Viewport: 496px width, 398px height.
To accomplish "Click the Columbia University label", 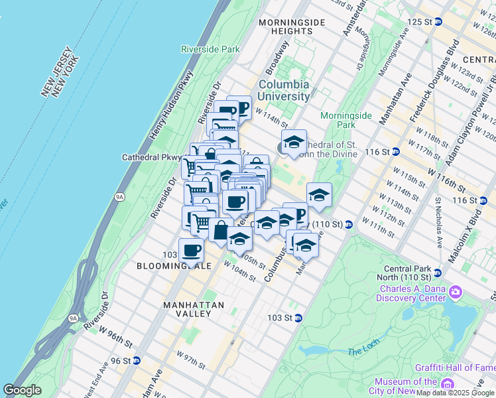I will [x=283, y=90].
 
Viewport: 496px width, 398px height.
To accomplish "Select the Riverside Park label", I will [x=210, y=49].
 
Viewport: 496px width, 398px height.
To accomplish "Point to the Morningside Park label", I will [x=345, y=119].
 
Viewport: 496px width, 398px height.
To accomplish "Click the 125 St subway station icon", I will [x=438, y=22].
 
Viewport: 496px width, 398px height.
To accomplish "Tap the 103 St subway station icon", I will [x=298, y=318].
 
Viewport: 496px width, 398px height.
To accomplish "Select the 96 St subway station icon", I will [x=136, y=361].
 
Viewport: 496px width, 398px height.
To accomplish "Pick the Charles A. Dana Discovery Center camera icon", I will [x=456, y=292].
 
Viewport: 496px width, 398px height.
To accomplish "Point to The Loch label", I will [x=361, y=351].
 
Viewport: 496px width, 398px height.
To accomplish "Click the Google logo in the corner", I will [x=22, y=390].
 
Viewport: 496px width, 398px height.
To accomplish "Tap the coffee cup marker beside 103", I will [x=191, y=251].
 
